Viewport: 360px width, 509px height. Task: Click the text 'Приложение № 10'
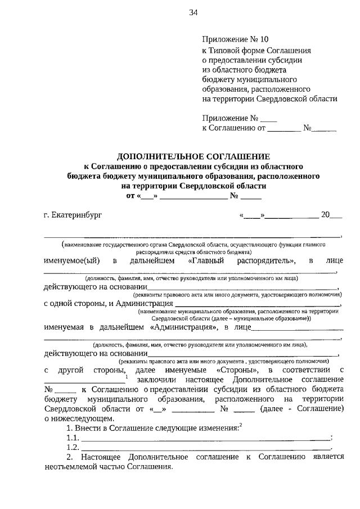tap(235, 39)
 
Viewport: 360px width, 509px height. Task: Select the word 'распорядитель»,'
tap(267, 261)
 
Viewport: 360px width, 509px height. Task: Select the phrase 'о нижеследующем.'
tap(79, 418)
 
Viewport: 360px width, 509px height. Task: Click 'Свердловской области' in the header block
tap(301, 98)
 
